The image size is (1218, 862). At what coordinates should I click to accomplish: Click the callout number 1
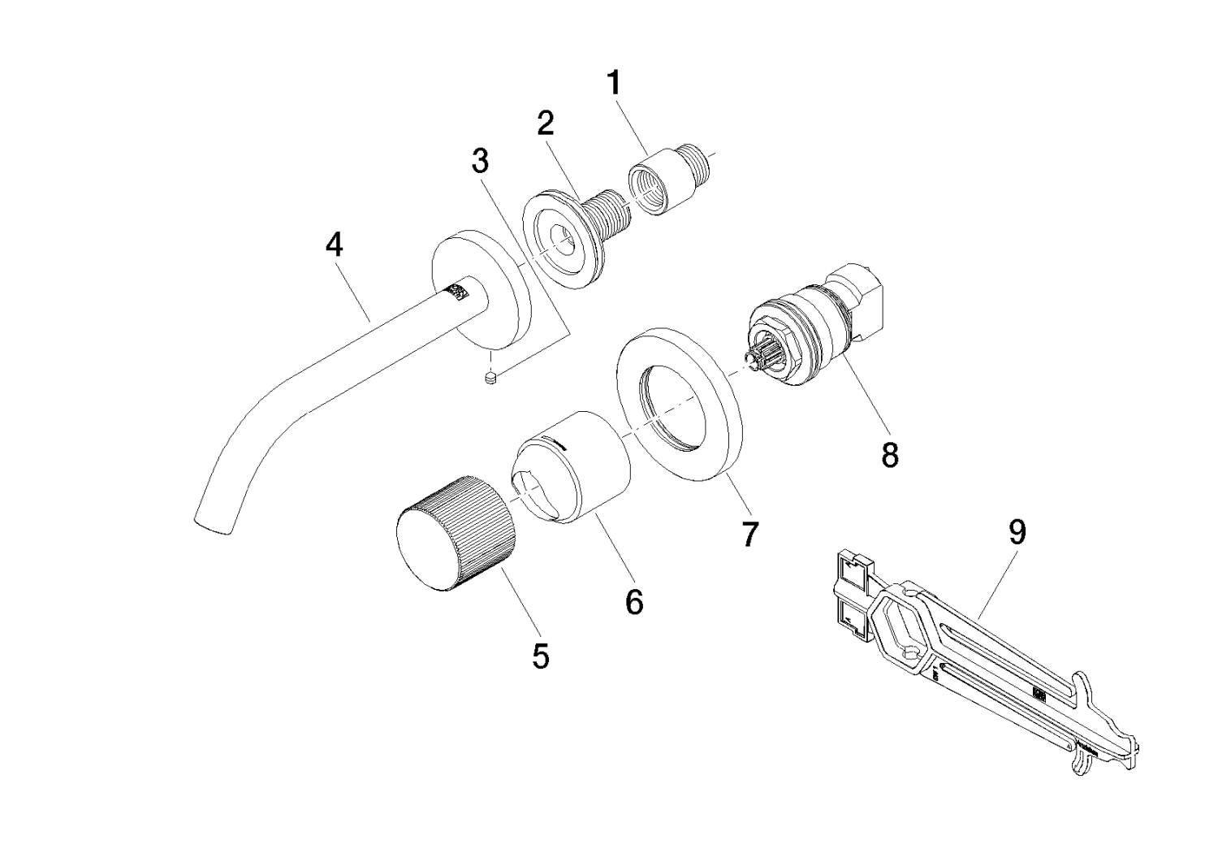click(x=614, y=83)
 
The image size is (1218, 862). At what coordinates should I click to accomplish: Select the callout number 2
click(x=546, y=123)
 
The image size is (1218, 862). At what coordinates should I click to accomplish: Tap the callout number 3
click(x=481, y=162)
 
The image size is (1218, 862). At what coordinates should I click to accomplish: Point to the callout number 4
click(x=334, y=245)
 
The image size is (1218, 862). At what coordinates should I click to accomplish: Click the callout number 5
click(x=541, y=656)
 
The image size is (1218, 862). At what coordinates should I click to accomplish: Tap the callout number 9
click(x=1017, y=532)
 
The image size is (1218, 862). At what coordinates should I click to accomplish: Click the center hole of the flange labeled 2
click(x=560, y=236)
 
